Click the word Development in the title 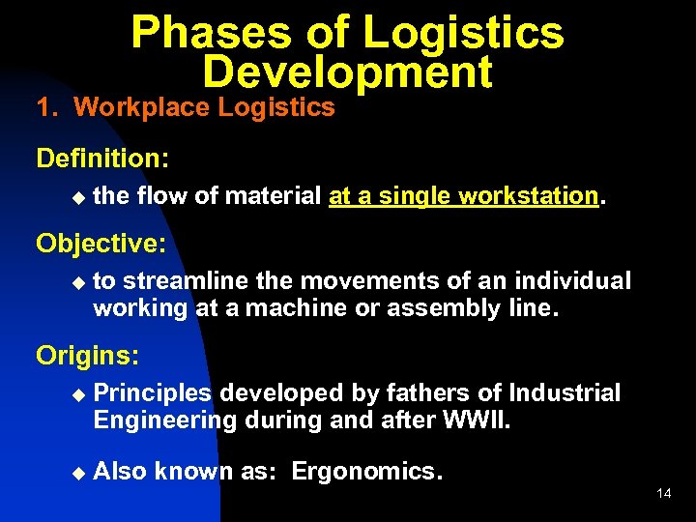[x=347, y=72]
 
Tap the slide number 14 [x=663, y=494]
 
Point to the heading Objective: [x=101, y=243]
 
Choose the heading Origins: [x=88, y=355]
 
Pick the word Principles [x=153, y=393]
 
